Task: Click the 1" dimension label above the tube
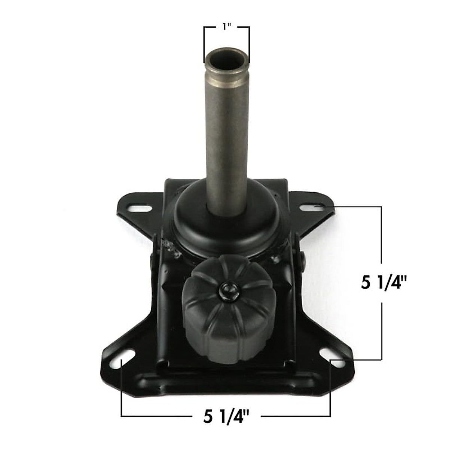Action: pyautogui.click(x=226, y=27)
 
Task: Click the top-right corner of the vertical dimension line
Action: pyautogui.click(x=381, y=206)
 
